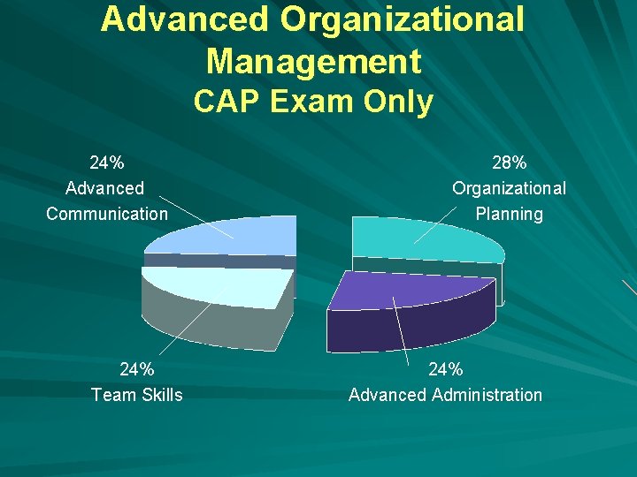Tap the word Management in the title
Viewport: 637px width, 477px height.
click(x=313, y=61)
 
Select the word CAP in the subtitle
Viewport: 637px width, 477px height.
click(x=226, y=102)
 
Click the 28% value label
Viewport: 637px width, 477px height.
click(x=509, y=163)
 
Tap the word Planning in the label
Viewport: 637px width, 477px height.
click(x=509, y=213)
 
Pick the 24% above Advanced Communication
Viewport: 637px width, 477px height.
click(x=107, y=163)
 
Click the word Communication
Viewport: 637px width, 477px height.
click(x=107, y=213)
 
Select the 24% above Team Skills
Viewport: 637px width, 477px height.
click(x=137, y=369)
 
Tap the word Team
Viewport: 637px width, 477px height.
click(x=113, y=395)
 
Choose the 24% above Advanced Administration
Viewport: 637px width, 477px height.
click(x=445, y=369)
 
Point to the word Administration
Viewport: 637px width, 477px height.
click(x=487, y=395)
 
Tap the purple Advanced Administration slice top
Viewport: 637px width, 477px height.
click(x=407, y=289)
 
